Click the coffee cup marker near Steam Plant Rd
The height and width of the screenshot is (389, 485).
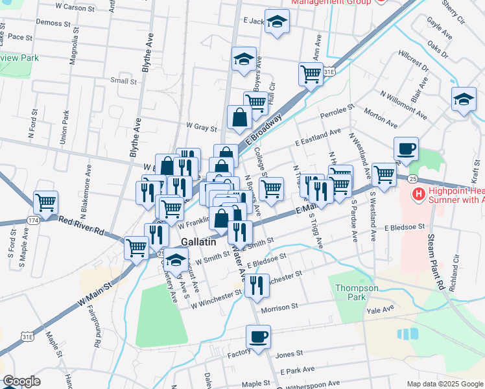click(406, 149)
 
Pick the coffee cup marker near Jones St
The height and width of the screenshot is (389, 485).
click(258, 337)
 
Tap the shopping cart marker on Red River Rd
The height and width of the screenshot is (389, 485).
click(45, 202)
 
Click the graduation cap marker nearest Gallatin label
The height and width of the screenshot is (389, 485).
click(175, 261)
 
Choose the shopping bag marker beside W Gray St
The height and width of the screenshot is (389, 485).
click(239, 118)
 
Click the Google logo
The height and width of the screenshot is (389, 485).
click(21, 381)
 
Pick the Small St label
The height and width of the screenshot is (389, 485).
click(123, 81)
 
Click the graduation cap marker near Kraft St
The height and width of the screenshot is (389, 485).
click(464, 100)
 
